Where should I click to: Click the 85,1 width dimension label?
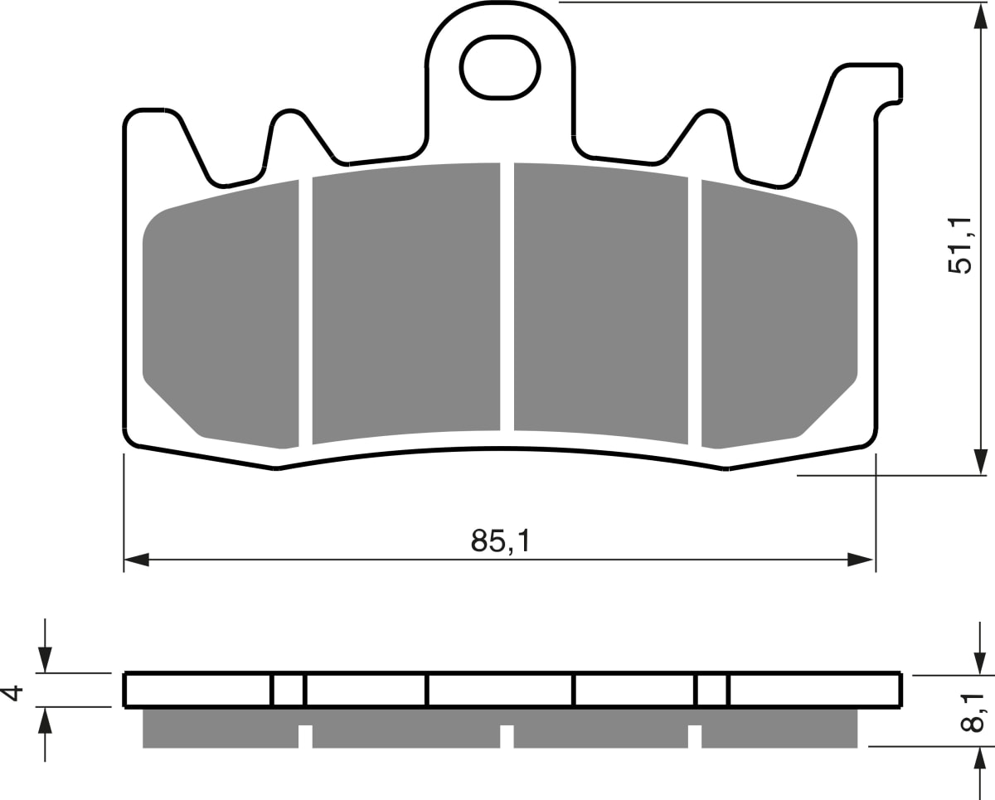click(499, 541)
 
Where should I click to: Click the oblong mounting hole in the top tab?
click(500, 68)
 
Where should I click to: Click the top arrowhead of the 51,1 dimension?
click(980, 17)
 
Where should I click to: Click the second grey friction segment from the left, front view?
click(406, 303)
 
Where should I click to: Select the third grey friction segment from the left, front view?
click(600, 303)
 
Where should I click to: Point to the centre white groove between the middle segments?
click(507, 298)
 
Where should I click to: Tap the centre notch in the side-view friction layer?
click(507, 735)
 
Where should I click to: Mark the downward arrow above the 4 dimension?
click(45, 659)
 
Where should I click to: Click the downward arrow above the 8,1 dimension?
click(980, 662)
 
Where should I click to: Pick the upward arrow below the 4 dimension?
click(45, 721)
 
